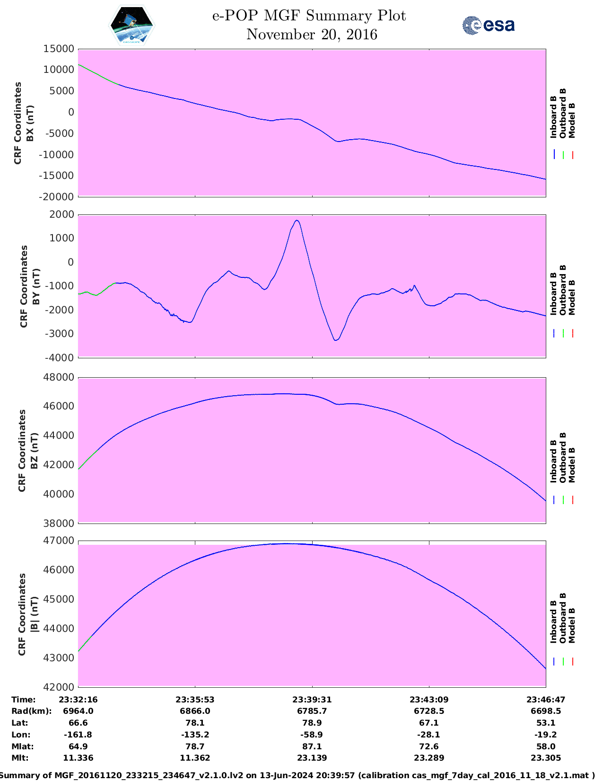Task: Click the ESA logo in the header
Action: [489, 25]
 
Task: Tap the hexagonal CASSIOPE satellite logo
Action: [131, 26]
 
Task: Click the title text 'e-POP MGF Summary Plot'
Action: [309, 16]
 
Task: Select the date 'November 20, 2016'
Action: [312, 35]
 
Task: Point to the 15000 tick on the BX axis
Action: [59, 49]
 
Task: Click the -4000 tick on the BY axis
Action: [59, 358]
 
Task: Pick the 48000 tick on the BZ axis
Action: [59, 377]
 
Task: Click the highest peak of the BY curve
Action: [297, 220]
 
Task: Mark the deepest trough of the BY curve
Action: [336, 340]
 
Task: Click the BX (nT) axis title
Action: [30, 123]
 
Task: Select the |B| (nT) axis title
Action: [34, 614]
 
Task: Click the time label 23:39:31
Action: [312, 700]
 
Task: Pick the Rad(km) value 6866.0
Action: [195, 711]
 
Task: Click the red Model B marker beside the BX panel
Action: [572, 155]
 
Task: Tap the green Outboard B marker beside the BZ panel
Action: [563, 500]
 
